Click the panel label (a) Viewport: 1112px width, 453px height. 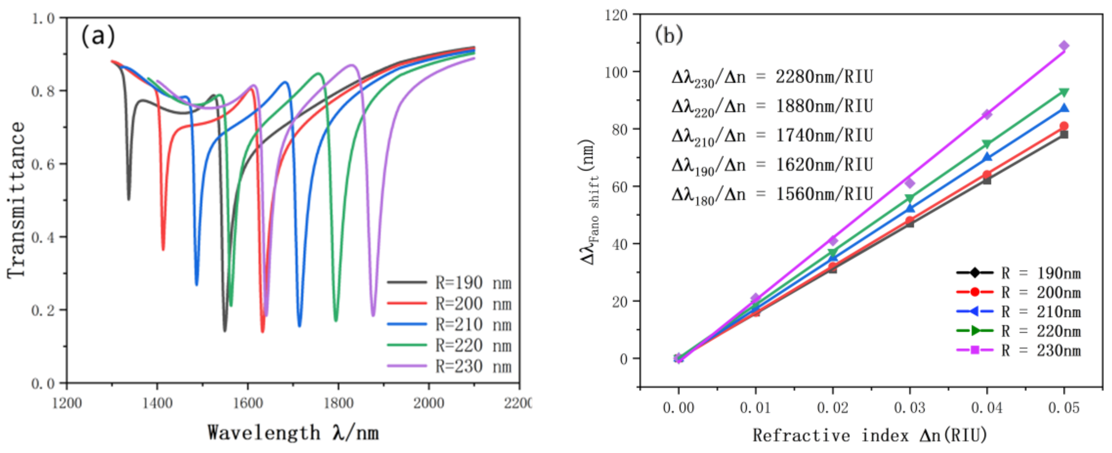[x=98, y=35]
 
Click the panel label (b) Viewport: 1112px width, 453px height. [x=668, y=34]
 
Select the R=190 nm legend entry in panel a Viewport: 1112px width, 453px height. [x=449, y=283]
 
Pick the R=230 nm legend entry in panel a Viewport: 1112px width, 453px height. [x=449, y=366]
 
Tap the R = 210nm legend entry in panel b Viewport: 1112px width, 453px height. [x=1019, y=312]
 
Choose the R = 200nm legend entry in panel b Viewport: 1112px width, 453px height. [x=1019, y=292]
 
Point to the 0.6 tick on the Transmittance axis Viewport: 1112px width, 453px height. [x=43, y=164]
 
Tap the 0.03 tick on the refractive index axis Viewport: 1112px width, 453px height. [x=910, y=407]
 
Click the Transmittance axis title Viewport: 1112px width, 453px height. [x=16, y=200]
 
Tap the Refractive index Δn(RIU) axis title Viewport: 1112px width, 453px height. [x=870, y=435]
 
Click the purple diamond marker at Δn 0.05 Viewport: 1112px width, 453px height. [x=1064, y=46]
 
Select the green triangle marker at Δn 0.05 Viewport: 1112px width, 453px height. [x=1064, y=92]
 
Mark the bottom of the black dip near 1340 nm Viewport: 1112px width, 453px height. [x=129, y=198]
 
